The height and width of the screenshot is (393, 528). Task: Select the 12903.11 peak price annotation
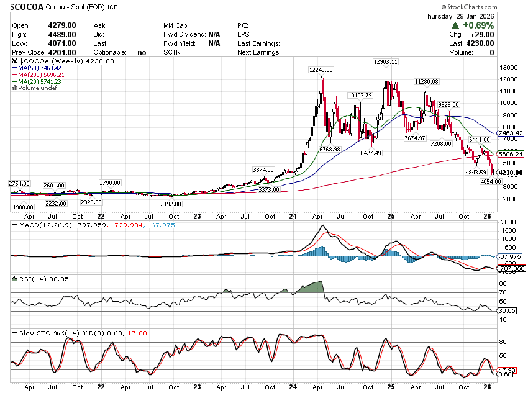(386, 62)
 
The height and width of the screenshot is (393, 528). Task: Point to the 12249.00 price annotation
(322, 70)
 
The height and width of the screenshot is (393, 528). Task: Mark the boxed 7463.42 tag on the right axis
(511, 133)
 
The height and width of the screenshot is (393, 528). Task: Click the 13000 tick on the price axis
(510, 67)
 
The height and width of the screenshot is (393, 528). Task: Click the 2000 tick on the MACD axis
(509, 222)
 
